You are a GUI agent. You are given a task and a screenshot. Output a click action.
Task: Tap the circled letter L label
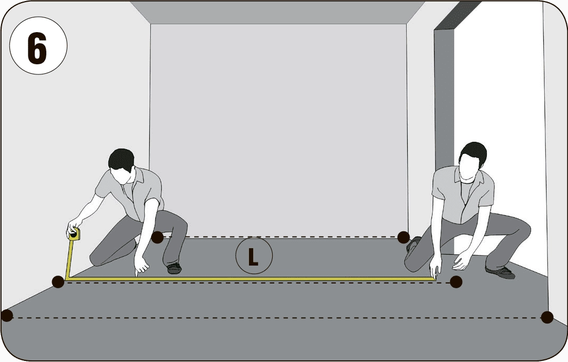254,256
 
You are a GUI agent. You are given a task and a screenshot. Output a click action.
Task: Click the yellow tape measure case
74,234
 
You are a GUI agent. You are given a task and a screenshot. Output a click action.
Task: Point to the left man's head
122,165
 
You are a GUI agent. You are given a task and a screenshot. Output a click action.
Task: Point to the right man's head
473,160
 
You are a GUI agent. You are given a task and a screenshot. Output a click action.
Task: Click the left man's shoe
174,268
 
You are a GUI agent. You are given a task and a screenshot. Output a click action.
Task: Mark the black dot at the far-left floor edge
6,316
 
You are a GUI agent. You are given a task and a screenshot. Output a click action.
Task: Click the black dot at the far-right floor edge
547,317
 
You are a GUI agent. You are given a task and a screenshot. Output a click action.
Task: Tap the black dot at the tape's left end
58,281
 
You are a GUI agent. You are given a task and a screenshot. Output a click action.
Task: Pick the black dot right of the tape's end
456,281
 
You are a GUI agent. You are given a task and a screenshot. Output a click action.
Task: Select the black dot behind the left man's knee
157,238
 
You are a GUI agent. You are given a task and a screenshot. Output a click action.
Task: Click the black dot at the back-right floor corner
403,238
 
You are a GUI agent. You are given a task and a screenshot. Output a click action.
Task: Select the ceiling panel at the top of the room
277,12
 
